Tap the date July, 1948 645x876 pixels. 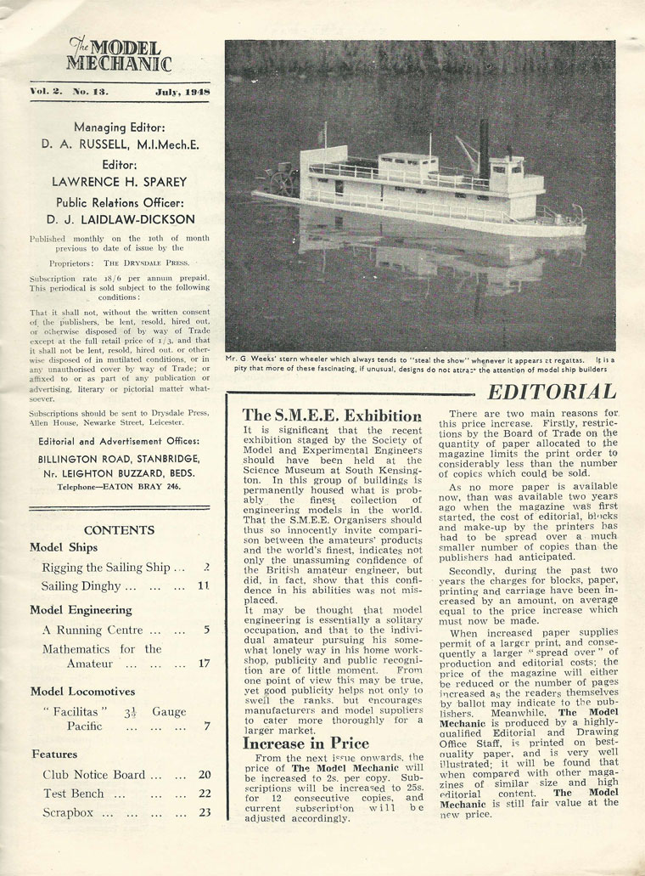[x=182, y=91]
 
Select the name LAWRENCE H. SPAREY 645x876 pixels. [x=120, y=181]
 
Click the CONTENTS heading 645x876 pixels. [x=119, y=529]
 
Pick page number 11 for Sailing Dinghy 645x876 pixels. [x=203, y=586]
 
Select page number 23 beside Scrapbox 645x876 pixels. [x=204, y=812]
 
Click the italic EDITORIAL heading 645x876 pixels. [x=551, y=392]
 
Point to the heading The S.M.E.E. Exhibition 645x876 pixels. [x=332, y=415]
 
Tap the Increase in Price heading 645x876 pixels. [x=306, y=743]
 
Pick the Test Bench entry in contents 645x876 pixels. [x=73, y=794]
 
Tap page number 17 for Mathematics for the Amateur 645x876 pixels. [x=203, y=663]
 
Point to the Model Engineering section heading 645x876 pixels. [x=81, y=609]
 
